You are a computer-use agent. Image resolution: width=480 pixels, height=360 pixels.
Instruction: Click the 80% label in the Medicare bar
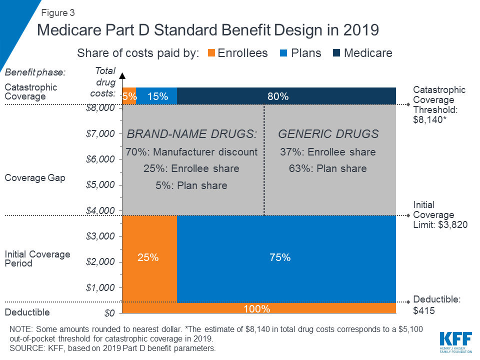pos(278,96)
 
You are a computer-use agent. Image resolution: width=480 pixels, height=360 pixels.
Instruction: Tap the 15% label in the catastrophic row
pos(157,96)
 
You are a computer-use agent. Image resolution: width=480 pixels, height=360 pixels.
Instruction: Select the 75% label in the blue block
pos(279,257)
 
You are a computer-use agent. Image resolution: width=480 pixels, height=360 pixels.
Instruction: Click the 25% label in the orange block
pos(148,257)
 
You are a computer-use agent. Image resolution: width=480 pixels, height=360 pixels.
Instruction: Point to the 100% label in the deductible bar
pos(256,309)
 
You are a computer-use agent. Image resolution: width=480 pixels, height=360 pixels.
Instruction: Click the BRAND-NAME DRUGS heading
pos(191,134)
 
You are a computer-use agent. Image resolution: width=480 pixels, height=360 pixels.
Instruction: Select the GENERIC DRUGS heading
pos(328,134)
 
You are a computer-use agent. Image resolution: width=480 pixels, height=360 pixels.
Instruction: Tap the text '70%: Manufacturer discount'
pos(191,152)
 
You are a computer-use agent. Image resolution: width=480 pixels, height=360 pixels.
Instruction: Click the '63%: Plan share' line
pos(327,168)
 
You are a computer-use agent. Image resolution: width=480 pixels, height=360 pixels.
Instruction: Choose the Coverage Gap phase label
pos(35,178)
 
